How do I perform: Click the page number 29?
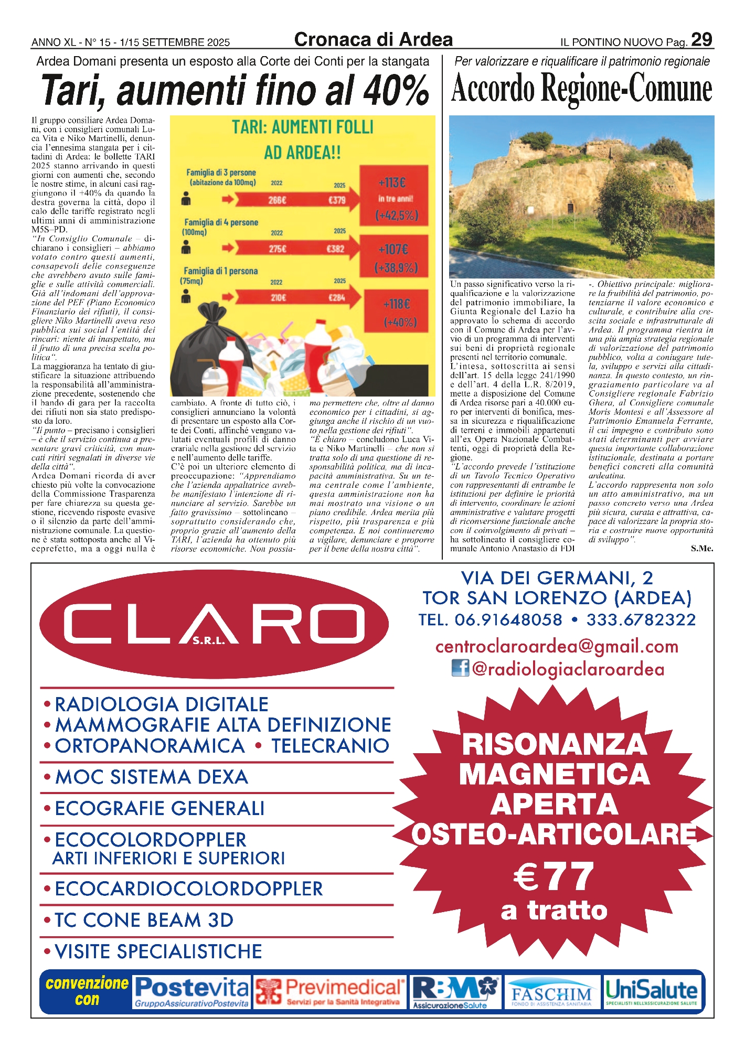point(701,40)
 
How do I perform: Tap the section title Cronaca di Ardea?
point(373,40)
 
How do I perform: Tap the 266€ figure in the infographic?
point(277,200)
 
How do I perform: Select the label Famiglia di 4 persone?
point(221,222)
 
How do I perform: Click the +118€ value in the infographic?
point(397,304)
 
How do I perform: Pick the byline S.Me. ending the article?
point(701,549)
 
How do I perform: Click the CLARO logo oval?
point(214,624)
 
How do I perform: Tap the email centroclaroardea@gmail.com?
point(557,647)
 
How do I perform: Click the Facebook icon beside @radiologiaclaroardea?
point(460,668)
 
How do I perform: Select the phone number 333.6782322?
point(641,620)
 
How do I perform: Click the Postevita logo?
point(191,992)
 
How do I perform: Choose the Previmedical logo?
point(330,992)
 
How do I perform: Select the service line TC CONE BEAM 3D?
point(144,920)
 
